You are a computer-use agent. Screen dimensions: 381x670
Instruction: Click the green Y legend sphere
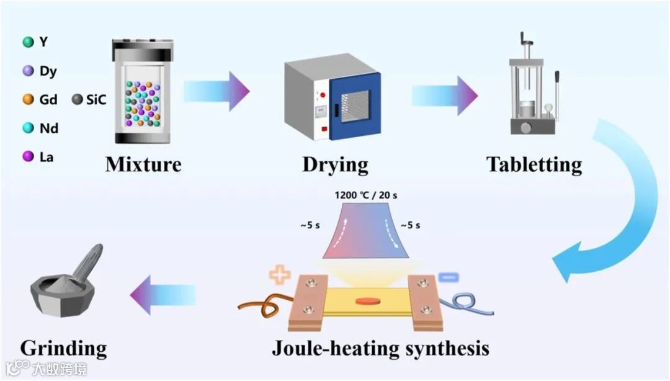point(27,42)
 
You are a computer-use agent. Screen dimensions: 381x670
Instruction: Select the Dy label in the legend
point(48,71)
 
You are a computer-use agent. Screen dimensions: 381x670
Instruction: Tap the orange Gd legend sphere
point(27,99)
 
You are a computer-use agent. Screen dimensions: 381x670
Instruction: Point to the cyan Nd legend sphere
point(27,128)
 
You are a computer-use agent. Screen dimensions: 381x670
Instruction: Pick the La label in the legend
point(47,157)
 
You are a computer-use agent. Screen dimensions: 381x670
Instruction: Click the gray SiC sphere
point(78,99)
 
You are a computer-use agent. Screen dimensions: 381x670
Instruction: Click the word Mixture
point(143,164)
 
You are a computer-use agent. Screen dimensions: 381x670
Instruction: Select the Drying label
point(335,165)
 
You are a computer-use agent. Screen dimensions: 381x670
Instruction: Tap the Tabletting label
point(534,164)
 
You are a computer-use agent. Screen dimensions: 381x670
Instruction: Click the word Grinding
point(63,347)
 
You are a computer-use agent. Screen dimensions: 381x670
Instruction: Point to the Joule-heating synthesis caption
point(380,347)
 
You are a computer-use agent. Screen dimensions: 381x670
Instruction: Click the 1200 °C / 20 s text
point(366,195)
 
